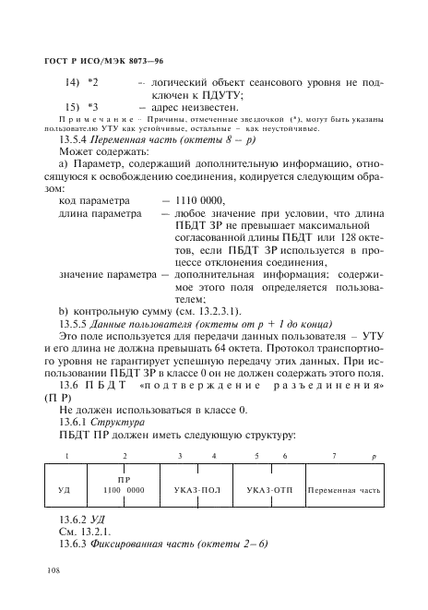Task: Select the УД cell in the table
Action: (x=64, y=490)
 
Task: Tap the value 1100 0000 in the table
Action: (x=125, y=490)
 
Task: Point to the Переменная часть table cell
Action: (x=343, y=490)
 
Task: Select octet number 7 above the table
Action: (x=334, y=457)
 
